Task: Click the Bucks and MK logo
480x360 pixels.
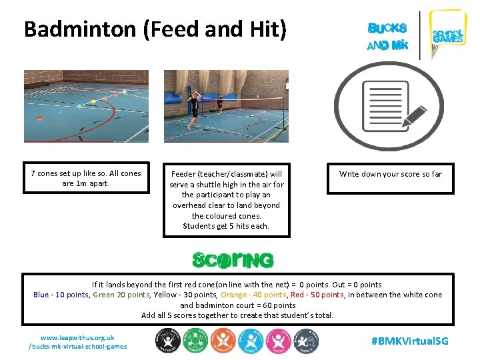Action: (387, 37)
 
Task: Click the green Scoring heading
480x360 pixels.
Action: (233, 259)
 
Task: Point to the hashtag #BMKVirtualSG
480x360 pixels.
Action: (409, 341)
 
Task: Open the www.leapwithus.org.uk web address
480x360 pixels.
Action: (77, 337)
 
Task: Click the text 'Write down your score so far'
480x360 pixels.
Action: (390, 174)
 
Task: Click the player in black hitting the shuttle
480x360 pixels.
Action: (195, 107)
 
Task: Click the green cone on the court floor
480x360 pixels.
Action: (101, 100)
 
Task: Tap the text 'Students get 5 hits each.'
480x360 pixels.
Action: (226, 226)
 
